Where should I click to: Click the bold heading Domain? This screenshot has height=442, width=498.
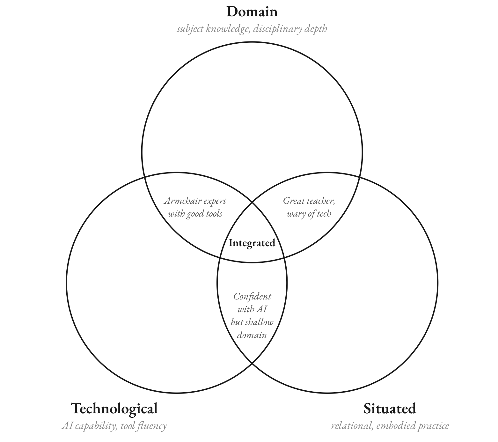coord(252,12)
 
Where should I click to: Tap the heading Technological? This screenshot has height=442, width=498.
coord(114,409)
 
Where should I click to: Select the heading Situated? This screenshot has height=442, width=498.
coord(390,409)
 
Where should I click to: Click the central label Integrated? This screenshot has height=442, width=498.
coord(252,243)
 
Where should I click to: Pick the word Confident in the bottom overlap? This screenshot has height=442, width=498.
coord(252,297)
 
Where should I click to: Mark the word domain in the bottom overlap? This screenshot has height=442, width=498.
coord(252,335)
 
